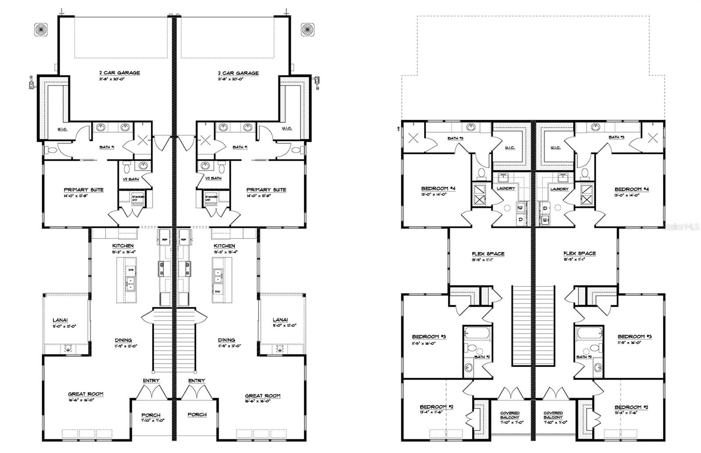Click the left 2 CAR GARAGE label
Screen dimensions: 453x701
(x=120, y=73)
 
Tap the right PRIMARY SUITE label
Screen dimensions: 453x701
(x=266, y=190)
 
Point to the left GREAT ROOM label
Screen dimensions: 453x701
(x=85, y=394)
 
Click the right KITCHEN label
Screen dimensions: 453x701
(x=224, y=246)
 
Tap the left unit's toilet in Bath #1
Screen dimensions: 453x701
(x=51, y=150)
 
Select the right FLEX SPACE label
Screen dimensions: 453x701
(x=579, y=253)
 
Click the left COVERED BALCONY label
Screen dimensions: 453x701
(x=510, y=415)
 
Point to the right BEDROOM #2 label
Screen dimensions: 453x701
(x=631, y=407)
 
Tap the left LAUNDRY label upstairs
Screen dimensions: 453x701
(x=506, y=189)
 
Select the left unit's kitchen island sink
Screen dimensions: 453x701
(x=130, y=284)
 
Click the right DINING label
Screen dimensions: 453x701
(x=227, y=340)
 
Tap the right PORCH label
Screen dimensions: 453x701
(x=197, y=414)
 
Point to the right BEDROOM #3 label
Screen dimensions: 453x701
(x=631, y=337)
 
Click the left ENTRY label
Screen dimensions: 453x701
(x=151, y=381)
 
